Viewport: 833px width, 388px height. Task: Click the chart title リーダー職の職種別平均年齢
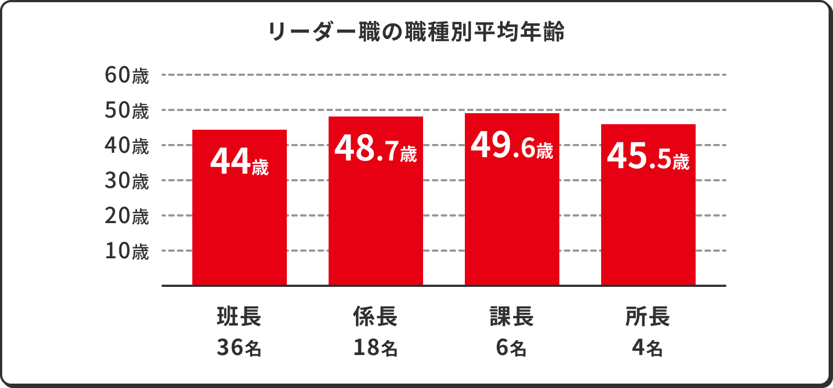click(x=416, y=32)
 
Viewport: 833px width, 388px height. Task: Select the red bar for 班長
click(x=239, y=220)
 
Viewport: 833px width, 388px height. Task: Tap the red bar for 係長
click(x=375, y=220)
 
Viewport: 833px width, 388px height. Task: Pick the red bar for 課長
click(x=512, y=220)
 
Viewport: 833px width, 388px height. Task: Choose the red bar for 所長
click(x=648, y=220)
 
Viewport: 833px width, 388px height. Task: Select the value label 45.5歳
click(x=648, y=157)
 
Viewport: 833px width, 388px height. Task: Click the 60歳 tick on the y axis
click(x=126, y=76)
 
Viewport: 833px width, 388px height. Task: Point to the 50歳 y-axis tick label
click(x=126, y=111)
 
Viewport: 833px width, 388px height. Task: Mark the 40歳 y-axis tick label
click(x=126, y=146)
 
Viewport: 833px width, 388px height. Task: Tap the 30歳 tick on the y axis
click(x=126, y=181)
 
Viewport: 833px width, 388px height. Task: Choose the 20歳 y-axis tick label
click(x=126, y=216)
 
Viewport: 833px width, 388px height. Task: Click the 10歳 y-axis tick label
click(x=126, y=251)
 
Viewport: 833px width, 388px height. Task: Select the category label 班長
click(x=239, y=317)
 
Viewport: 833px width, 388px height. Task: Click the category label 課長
click(x=512, y=317)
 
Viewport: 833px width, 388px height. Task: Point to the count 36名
click(x=239, y=347)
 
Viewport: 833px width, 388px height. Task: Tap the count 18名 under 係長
click(x=375, y=347)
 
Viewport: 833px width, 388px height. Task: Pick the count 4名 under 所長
click(x=648, y=347)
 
